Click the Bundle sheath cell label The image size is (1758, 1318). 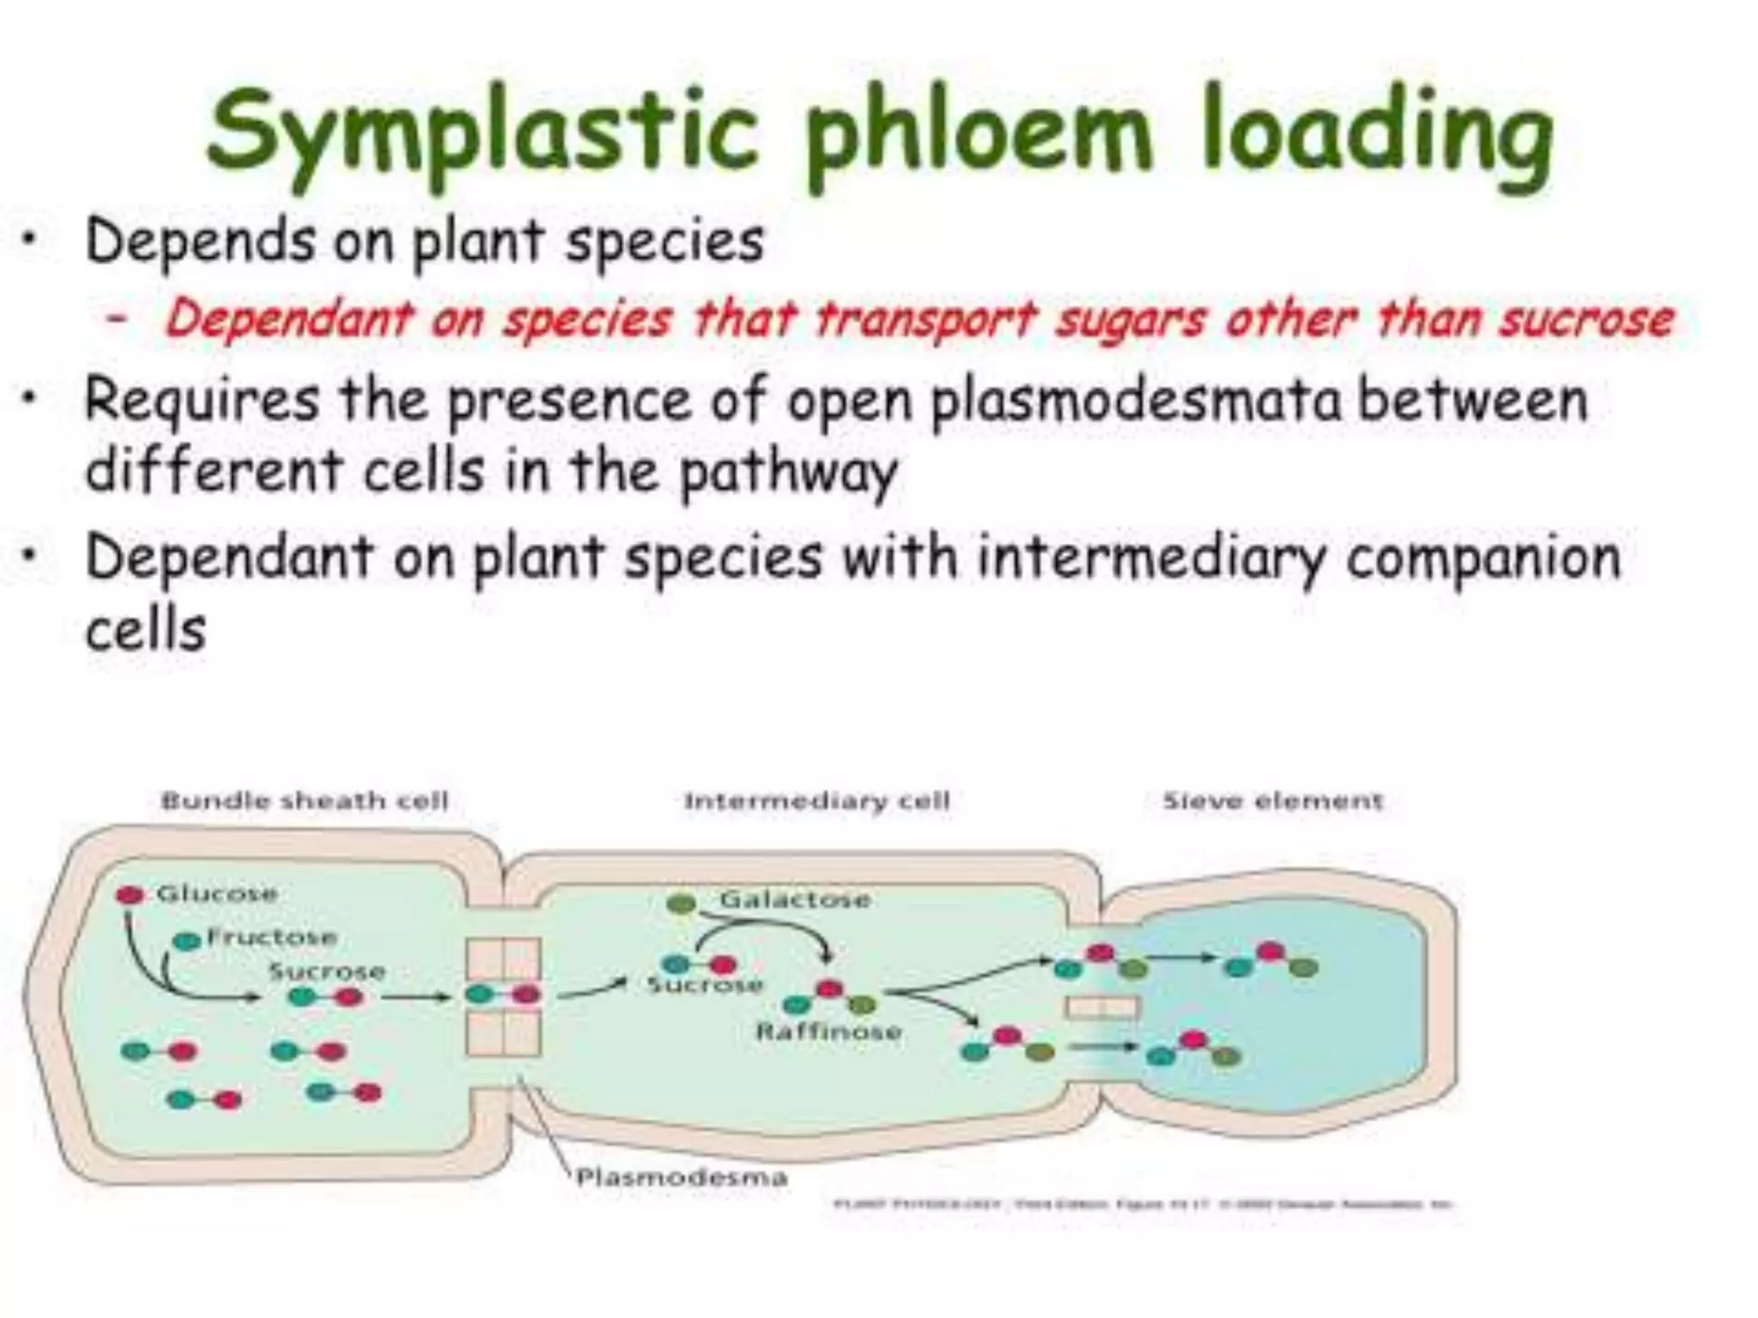305,801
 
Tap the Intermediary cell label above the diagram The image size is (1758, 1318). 816,801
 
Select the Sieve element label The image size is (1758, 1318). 1272,801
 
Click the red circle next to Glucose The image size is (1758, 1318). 130,895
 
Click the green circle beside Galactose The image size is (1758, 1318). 682,903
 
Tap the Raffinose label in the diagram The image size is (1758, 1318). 828,1031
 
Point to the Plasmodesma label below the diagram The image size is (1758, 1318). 682,1176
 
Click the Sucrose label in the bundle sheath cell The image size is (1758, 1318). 326,971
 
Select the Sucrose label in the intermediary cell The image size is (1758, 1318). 704,984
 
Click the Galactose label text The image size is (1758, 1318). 795,899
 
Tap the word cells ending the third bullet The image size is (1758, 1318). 146,631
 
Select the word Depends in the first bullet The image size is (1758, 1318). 200,241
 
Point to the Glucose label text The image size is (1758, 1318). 216,893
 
